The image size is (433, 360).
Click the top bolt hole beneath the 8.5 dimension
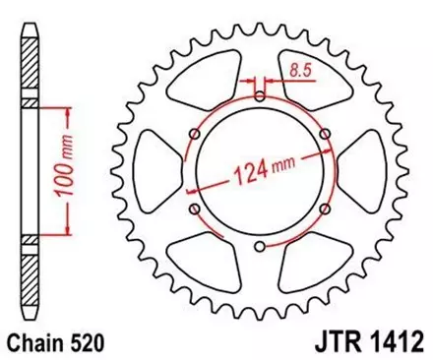tap(258, 95)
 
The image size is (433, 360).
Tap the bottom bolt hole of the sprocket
tap(258, 247)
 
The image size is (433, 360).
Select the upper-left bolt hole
tap(193, 134)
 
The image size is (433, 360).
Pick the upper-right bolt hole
tap(324, 134)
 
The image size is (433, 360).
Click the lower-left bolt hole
tap(193, 209)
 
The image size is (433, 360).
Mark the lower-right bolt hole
tap(324, 209)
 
